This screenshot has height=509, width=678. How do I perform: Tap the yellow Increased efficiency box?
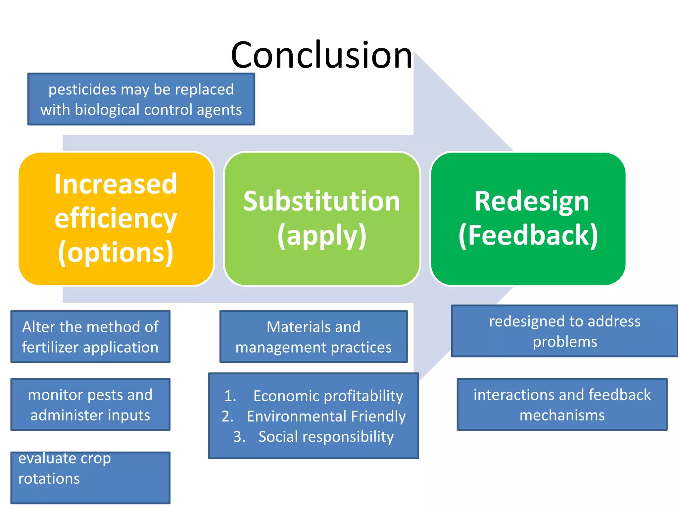click(x=116, y=219)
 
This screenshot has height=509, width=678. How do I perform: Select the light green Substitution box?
click(x=322, y=219)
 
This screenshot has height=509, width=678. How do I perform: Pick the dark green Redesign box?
click(x=528, y=219)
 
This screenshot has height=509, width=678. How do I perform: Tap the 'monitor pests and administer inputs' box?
click(x=90, y=405)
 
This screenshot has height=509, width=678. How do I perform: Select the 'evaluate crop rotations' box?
click(x=90, y=478)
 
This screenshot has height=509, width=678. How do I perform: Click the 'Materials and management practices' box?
click(x=313, y=337)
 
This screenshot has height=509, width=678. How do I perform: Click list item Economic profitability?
click(x=328, y=396)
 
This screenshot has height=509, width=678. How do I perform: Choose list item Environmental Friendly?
click(x=326, y=416)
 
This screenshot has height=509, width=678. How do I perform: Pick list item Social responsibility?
click(x=326, y=437)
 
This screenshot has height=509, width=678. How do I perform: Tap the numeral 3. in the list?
click(x=239, y=437)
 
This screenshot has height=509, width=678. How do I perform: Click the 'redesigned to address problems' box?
click(x=564, y=331)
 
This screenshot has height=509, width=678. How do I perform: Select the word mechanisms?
click(x=562, y=415)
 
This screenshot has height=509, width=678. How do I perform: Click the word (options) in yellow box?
click(x=116, y=253)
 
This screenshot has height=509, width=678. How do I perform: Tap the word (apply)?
click(x=322, y=236)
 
